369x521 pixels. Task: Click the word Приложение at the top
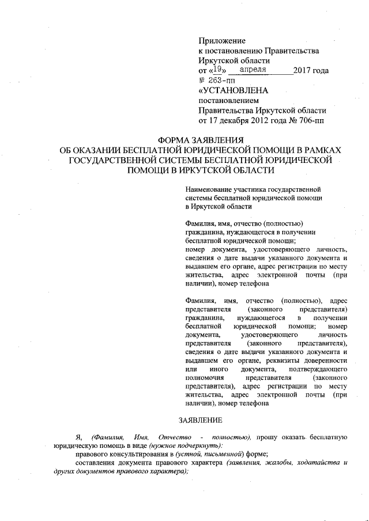point(222,41)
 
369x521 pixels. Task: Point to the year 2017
point(303,71)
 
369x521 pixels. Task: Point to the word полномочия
point(204,377)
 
